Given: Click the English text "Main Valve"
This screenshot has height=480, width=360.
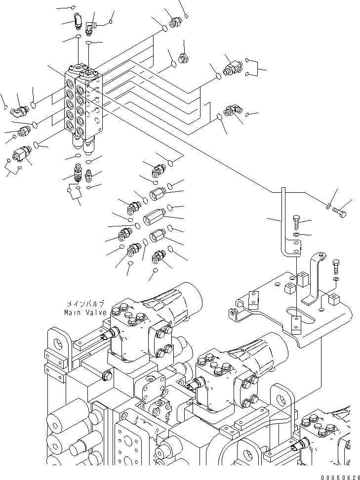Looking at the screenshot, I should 85,313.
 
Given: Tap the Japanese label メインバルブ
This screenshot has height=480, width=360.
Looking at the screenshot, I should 85,305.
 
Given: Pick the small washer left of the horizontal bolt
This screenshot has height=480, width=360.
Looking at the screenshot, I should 329,204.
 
